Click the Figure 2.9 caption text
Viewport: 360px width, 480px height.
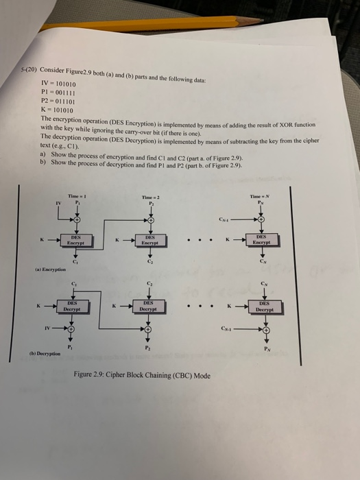[141, 375]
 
